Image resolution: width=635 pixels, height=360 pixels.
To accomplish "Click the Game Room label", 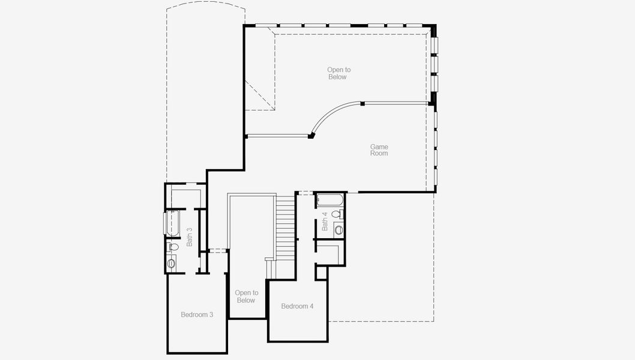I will pos(379,150).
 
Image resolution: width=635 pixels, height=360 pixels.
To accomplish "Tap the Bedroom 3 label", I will pos(197,314).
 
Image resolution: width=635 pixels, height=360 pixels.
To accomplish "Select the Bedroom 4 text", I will pos(297,306).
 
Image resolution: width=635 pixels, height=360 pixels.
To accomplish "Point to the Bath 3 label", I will pos(190,236).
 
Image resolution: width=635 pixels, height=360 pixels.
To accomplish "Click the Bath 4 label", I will pos(325,221).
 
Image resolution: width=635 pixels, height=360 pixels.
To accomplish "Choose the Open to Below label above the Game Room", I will pos(339,73).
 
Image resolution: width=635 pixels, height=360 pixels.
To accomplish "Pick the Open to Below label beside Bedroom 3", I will pos(245,296).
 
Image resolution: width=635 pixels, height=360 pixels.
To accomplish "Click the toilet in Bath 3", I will pos(173,246).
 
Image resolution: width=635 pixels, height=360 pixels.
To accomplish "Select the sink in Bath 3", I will pos(172,263).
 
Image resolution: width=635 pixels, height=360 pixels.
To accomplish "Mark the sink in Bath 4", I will pos(339,229).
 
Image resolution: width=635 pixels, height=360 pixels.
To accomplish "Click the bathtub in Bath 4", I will pos(329,200).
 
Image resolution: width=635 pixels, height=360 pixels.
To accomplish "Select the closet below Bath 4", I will pos(330,254).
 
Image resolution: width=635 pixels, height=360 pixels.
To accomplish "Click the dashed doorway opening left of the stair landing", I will pos(217,250).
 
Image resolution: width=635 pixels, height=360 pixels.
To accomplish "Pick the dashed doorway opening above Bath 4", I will pos(305,193).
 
